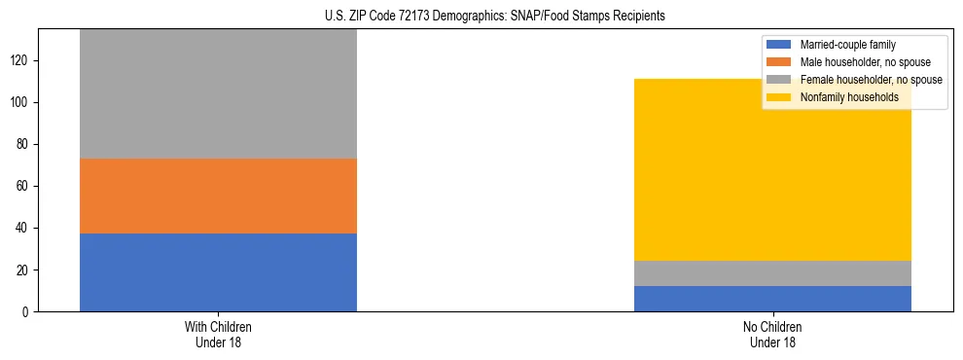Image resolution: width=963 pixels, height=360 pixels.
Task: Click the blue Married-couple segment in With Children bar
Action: (x=218, y=272)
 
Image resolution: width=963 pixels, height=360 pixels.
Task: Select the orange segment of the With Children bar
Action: (x=218, y=196)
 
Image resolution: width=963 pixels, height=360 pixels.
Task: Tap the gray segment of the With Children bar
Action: (x=218, y=94)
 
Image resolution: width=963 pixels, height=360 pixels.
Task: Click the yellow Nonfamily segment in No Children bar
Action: (x=772, y=170)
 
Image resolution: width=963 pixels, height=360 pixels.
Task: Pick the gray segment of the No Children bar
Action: (x=772, y=273)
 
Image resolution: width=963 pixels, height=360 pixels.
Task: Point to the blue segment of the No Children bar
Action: (x=772, y=299)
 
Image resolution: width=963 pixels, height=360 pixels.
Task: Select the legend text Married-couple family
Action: (x=847, y=45)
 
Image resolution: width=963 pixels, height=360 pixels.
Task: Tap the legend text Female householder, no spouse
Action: (x=870, y=80)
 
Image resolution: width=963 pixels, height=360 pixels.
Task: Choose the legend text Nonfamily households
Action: (x=848, y=97)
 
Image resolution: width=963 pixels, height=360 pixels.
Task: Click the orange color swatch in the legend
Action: (x=780, y=62)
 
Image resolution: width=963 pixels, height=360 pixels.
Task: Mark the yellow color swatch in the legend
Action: (x=780, y=97)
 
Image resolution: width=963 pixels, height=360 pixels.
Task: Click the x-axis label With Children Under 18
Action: (x=218, y=335)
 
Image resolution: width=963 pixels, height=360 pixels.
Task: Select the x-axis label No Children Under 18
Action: (x=772, y=335)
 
